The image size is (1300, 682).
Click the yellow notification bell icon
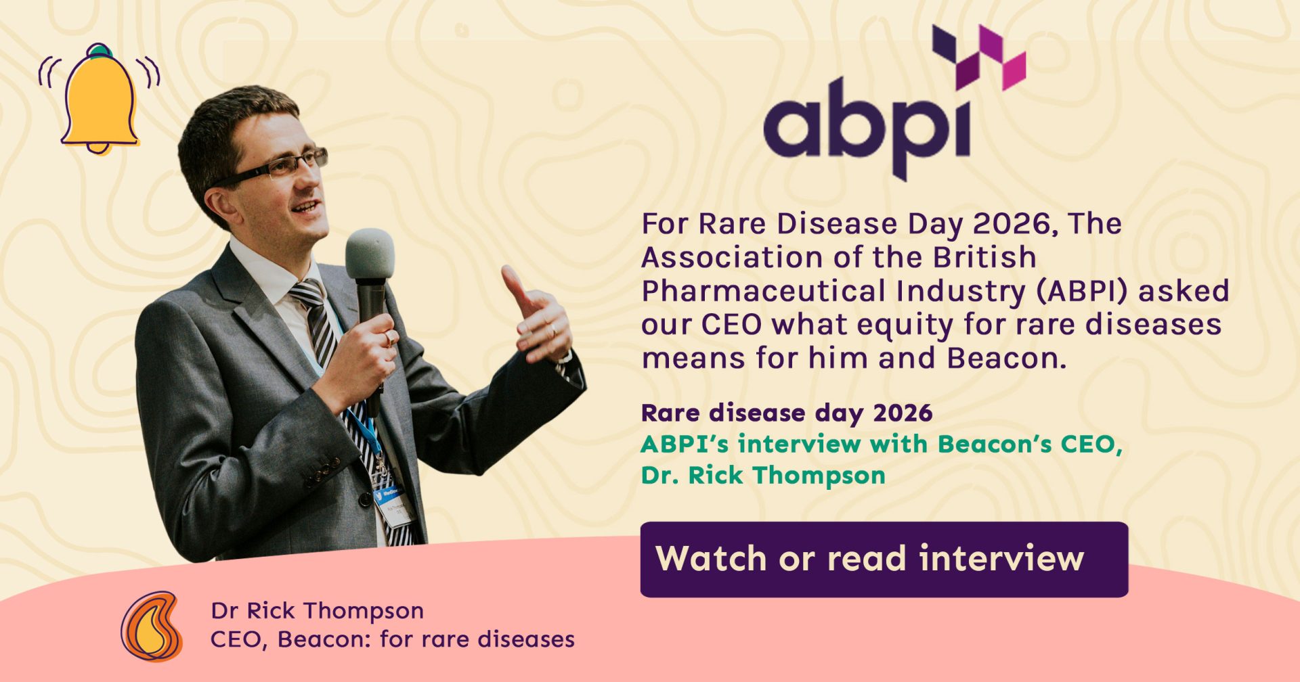pyautogui.click(x=100, y=99)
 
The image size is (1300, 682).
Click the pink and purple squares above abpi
pyautogui.click(x=979, y=58)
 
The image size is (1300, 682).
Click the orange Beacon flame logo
pyautogui.click(x=152, y=627)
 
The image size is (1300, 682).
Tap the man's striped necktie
pyautogui.click(x=339, y=379)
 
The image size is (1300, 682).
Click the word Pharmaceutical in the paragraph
pyautogui.click(x=764, y=292)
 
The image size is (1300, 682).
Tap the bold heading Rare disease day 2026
pyautogui.click(x=787, y=413)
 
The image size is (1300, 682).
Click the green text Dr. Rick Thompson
pyautogui.click(x=763, y=475)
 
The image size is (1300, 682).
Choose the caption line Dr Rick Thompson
pyautogui.click(x=318, y=610)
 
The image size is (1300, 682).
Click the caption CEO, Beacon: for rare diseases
pyautogui.click(x=393, y=639)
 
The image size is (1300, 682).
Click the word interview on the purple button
pyautogui.click(x=1001, y=558)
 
